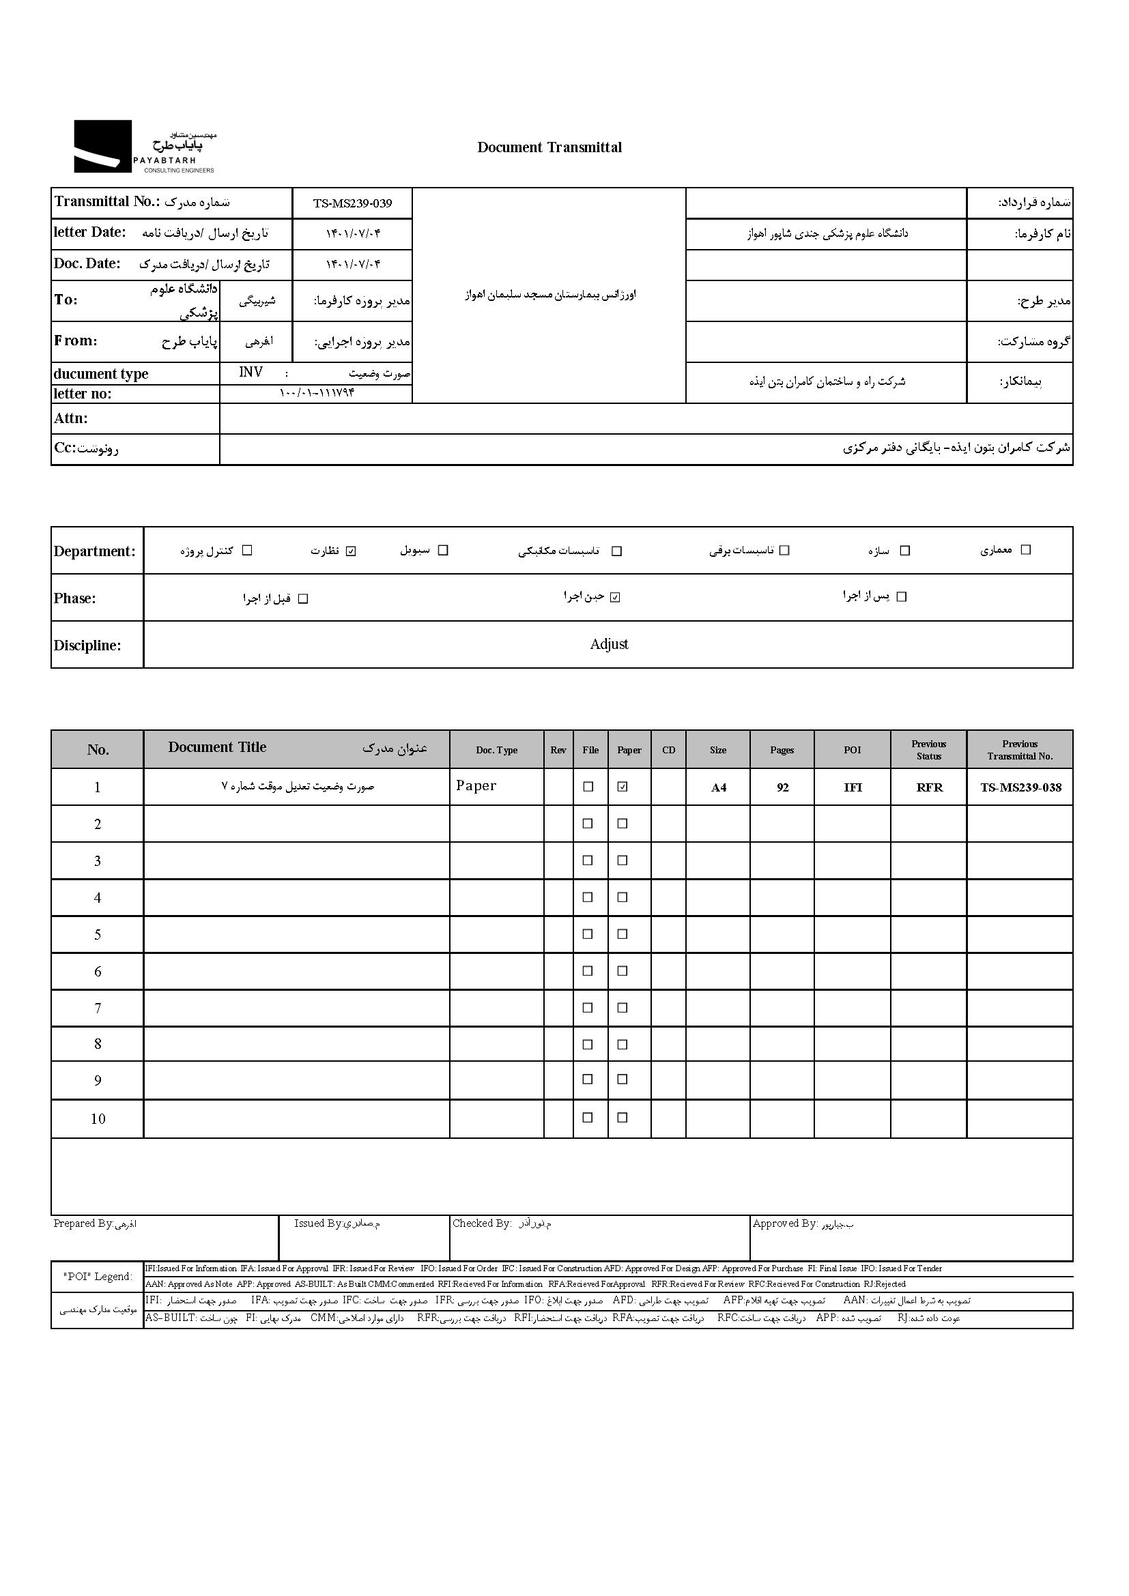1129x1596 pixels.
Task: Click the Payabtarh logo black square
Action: click(x=103, y=146)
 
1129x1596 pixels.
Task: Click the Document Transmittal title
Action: click(x=549, y=147)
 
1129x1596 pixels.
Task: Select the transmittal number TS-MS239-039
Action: click(x=352, y=203)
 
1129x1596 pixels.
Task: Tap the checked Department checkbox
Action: click(x=351, y=551)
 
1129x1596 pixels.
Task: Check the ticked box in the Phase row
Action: click(x=614, y=597)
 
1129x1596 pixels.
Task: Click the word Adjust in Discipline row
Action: click(x=608, y=644)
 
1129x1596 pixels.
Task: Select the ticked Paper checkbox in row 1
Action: click(x=623, y=787)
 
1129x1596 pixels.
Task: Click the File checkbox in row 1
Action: click(x=588, y=787)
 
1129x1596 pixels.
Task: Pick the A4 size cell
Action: click(x=718, y=787)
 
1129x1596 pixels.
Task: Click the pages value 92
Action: click(x=782, y=787)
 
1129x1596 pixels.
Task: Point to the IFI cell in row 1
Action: click(x=853, y=787)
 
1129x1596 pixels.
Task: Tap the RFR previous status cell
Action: click(x=929, y=787)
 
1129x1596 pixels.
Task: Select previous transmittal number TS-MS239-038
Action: click(x=1020, y=787)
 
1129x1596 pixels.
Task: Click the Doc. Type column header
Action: click(x=496, y=750)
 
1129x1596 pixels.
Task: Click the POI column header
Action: click(x=853, y=750)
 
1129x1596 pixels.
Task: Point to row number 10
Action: click(x=98, y=1119)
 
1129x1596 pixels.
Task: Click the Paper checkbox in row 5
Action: click(x=623, y=934)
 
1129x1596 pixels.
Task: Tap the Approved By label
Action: click(x=785, y=1223)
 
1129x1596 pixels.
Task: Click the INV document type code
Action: click(x=251, y=373)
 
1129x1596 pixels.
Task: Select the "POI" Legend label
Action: click(x=98, y=1277)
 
